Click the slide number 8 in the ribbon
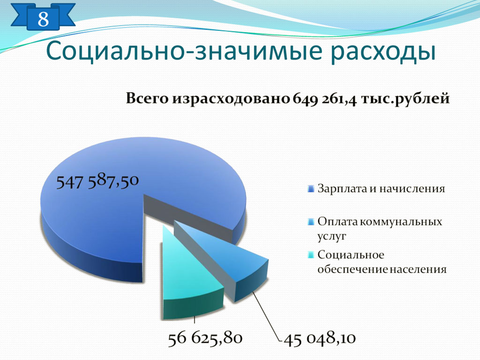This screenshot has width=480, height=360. (x=43, y=19)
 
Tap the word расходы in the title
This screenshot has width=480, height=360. (x=382, y=52)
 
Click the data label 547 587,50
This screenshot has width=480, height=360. (x=97, y=181)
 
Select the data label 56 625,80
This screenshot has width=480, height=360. (x=205, y=338)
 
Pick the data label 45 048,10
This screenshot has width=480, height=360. (x=320, y=338)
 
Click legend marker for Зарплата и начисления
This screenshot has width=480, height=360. (x=311, y=189)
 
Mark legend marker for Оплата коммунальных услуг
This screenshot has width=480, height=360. (x=311, y=222)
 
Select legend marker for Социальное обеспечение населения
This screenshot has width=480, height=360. (x=311, y=255)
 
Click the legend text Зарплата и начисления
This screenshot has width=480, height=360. (x=381, y=188)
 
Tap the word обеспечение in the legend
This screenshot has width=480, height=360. (x=353, y=270)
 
